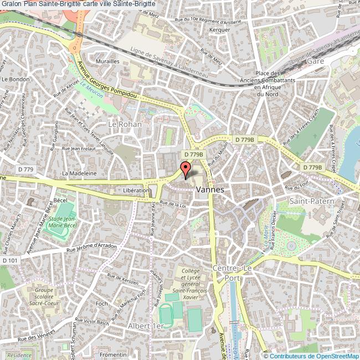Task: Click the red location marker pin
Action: click(186, 169)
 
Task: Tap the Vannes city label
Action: click(210, 189)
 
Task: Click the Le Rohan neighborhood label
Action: click(125, 125)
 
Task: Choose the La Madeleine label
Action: click(79, 173)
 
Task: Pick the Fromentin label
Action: click(114, 354)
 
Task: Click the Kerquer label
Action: click(220, 29)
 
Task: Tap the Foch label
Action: click(101, 304)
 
